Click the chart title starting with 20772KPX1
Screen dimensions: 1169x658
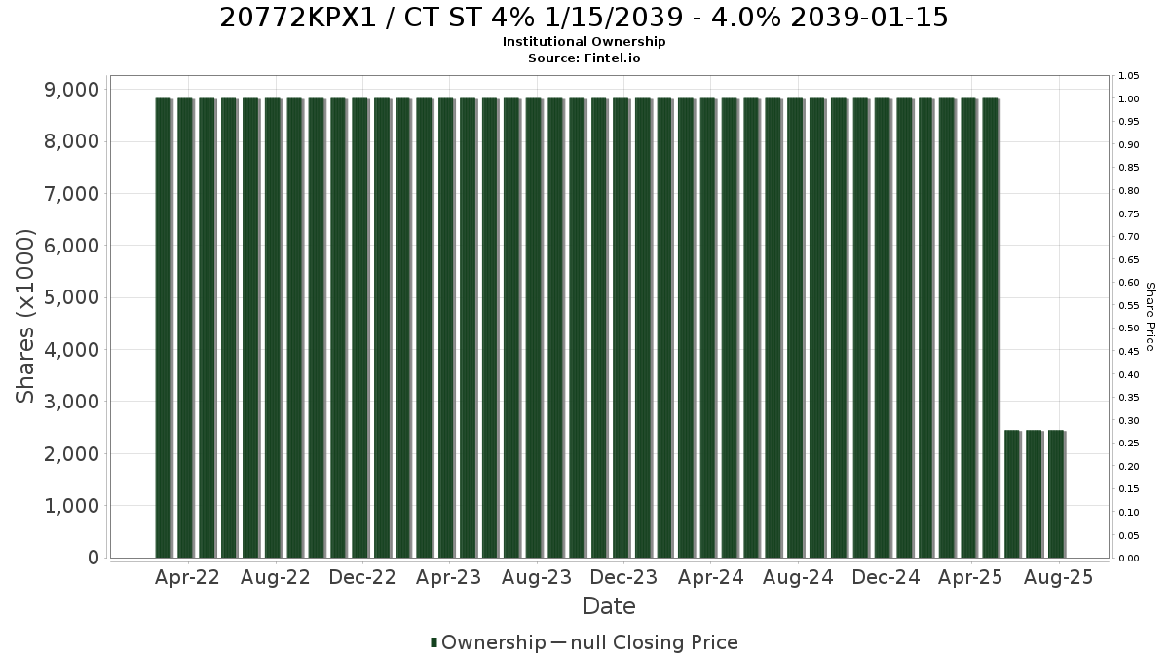[x=584, y=18]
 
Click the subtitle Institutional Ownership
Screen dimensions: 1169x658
[x=584, y=42]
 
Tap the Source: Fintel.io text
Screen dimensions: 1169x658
[x=584, y=58]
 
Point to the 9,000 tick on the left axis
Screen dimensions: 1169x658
[x=71, y=90]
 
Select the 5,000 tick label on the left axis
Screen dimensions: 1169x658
[x=71, y=297]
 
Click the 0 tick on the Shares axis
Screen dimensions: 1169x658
[x=94, y=558]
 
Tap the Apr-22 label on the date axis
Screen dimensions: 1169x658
[x=187, y=577]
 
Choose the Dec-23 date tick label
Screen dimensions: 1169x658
[x=623, y=577]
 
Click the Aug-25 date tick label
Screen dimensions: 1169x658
[x=1058, y=577]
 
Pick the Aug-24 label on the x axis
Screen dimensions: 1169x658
[x=798, y=577]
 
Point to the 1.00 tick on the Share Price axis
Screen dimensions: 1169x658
[x=1128, y=99]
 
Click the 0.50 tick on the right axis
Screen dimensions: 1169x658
[x=1128, y=329]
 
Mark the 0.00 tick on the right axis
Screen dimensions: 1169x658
[x=1128, y=559]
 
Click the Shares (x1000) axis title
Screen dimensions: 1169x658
[x=24, y=317]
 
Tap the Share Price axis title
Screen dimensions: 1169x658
[x=1150, y=317]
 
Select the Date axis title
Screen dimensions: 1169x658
[x=609, y=606]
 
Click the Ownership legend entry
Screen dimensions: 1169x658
[x=488, y=642]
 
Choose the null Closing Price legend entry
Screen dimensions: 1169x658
[x=645, y=642]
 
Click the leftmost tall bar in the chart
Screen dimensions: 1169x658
[x=164, y=328]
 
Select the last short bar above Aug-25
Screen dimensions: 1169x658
[x=1056, y=494]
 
